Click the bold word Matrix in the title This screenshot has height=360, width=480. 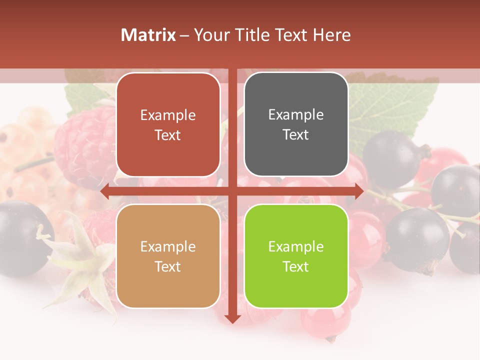(x=148, y=35)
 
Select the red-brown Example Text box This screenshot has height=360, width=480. (x=168, y=124)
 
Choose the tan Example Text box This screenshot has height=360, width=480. (x=168, y=256)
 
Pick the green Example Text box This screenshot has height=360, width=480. (x=296, y=256)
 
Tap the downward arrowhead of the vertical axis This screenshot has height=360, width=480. (x=232, y=318)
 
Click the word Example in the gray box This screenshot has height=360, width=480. (x=296, y=114)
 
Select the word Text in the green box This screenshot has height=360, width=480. (x=296, y=266)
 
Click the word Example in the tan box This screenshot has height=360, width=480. (x=168, y=246)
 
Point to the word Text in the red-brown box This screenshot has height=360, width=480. (x=168, y=135)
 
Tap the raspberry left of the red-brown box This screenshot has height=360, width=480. (x=85, y=142)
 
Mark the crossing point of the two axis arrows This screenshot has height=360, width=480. (x=232, y=191)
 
